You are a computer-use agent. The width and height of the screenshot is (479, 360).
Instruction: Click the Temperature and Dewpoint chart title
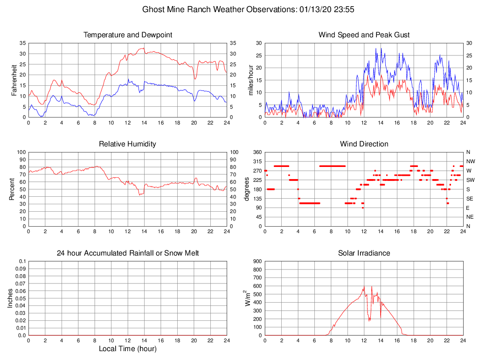127,35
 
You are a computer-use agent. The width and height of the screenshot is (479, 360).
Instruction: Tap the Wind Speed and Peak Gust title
364,35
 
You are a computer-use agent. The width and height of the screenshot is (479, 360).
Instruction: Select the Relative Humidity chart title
127,144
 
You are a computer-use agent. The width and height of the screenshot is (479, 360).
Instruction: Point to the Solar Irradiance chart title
364,253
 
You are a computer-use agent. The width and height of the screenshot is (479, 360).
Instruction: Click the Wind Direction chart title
364,144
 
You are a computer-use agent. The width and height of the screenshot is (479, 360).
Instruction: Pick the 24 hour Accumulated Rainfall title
127,253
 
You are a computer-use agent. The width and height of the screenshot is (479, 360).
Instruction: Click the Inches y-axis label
10,298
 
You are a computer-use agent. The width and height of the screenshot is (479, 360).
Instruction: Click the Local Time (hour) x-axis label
127,349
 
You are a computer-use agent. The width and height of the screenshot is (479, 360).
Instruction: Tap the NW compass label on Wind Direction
470,161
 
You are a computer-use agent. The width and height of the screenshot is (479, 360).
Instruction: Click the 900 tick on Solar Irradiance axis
257,262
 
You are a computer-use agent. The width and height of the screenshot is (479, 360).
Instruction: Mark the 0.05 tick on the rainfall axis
20,298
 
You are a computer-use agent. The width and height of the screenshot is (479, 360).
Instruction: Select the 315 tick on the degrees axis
256,161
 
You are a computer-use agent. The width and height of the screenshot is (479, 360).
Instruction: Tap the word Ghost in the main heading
153,9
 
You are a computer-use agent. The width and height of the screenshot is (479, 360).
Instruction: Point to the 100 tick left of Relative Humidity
21,152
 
